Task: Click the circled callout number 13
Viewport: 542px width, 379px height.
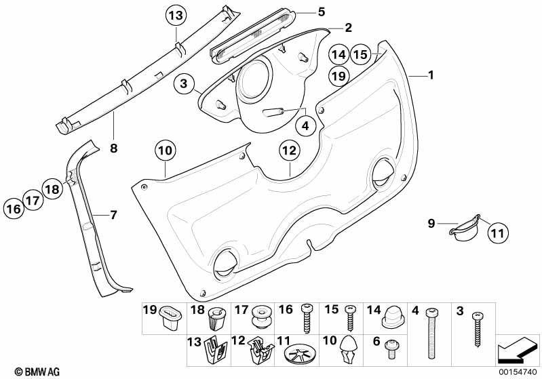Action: (175, 16)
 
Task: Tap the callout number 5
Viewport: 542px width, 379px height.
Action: (322, 12)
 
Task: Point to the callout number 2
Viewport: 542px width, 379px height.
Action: (348, 28)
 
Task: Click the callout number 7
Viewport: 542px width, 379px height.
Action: (113, 215)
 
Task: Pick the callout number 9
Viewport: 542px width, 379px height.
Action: (431, 222)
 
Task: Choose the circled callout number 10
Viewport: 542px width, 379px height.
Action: (165, 150)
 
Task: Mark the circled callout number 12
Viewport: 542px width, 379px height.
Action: (289, 150)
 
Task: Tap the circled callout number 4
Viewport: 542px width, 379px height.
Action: (305, 125)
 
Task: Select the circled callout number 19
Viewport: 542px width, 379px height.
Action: (338, 76)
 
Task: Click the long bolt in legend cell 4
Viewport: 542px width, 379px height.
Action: (430, 333)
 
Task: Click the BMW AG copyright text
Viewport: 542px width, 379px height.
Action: (25, 372)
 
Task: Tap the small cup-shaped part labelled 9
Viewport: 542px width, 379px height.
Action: (465, 228)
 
